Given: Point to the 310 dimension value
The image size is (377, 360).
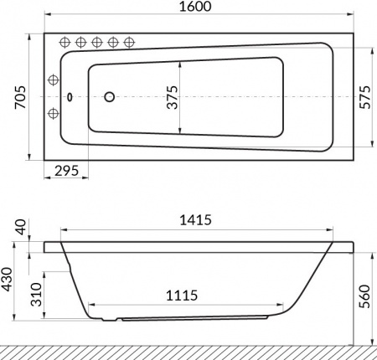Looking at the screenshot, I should pos(35,294).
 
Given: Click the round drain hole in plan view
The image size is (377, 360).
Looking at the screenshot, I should pos(109,97).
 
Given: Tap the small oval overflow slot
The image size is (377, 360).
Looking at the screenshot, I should pos(69,96).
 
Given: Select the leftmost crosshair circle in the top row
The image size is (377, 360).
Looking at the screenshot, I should pos(65,42).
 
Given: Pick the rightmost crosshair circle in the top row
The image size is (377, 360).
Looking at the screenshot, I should pos(129,42).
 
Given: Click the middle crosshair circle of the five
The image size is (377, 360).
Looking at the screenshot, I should pos(97,42).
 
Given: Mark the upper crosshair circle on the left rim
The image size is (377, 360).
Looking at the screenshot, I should pos(54,80).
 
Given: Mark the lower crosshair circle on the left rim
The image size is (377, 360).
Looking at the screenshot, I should pos(54,113).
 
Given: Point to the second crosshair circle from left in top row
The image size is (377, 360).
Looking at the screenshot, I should pos(81,42).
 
